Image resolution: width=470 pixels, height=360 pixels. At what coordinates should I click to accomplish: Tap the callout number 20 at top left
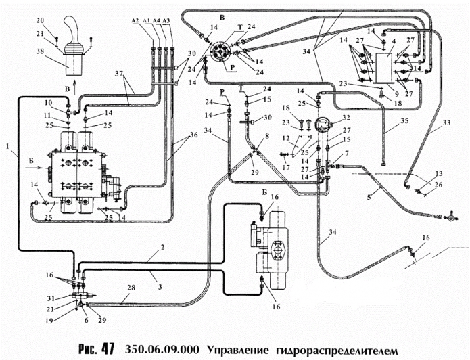(39, 20)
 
